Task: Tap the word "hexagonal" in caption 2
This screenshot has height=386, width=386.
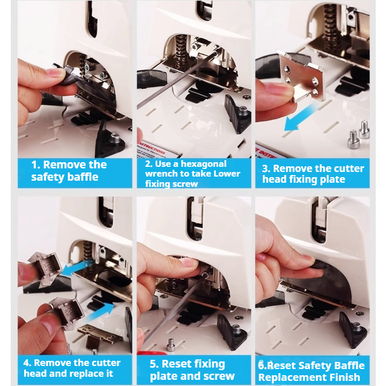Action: point(204,164)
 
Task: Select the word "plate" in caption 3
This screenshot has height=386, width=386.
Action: point(332,180)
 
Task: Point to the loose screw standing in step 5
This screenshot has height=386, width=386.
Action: point(171,344)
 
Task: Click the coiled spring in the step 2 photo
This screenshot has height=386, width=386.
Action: point(180,50)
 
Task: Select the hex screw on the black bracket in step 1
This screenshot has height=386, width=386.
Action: point(114,138)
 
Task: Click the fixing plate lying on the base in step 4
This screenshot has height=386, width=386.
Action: point(100,335)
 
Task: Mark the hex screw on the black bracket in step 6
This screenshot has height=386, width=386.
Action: point(356,327)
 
